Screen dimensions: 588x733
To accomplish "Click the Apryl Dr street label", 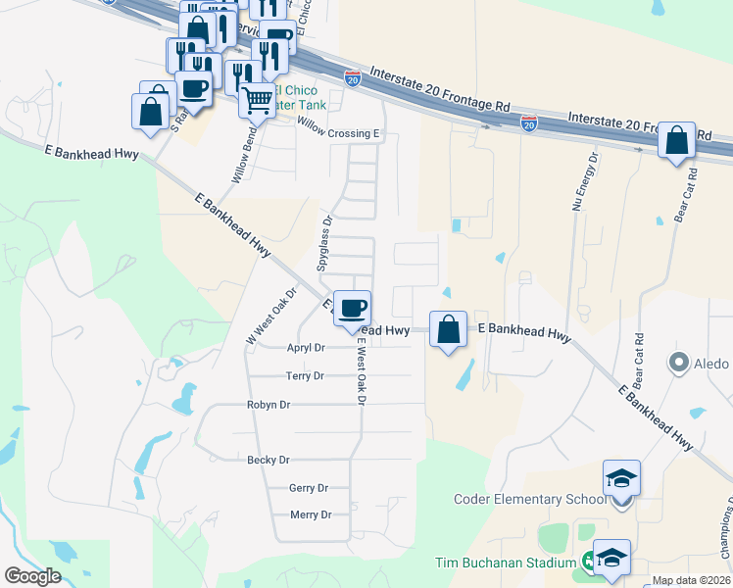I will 306,348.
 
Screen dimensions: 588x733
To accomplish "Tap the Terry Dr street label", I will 304,376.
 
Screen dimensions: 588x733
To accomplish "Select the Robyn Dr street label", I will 269,405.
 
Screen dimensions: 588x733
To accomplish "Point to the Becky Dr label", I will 269,460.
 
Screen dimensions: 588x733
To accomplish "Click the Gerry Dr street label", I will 308,488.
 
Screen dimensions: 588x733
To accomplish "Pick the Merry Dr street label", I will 311,515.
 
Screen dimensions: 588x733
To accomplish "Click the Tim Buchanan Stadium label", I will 506,563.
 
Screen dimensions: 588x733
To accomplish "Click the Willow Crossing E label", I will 337,133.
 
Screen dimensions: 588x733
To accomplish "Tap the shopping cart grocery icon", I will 257,99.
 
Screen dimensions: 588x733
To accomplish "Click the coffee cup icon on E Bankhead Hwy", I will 353,308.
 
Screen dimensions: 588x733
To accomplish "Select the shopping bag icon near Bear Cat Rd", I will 676,140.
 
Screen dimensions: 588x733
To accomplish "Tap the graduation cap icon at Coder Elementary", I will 621,477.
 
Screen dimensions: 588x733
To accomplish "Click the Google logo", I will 32,576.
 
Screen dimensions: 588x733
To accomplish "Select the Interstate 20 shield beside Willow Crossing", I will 353,77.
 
